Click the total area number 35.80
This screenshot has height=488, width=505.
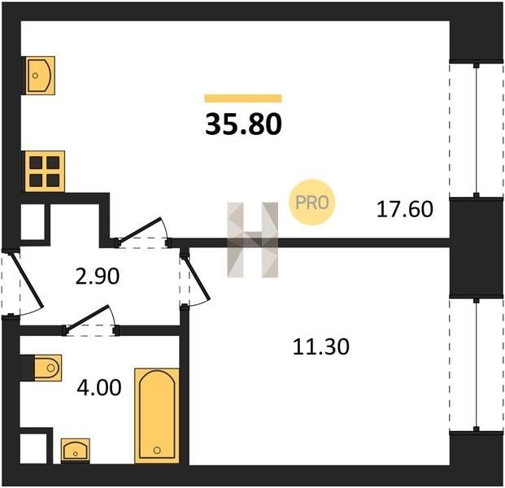tap(243, 124)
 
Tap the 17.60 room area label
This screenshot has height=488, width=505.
tap(405, 209)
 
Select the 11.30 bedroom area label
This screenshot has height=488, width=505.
tap(320, 347)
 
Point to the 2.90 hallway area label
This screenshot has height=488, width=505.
tap(98, 277)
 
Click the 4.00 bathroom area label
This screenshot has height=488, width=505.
tap(99, 387)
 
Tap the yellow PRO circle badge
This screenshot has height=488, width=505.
tap(311, 203)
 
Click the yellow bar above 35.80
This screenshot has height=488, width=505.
tap(243, 98)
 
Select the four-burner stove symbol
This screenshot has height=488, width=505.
tap(45, 172)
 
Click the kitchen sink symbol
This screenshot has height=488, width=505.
tap(40, 76)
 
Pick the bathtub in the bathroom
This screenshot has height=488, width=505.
tap(157, 416)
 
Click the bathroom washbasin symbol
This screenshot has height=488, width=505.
tap(76, 451)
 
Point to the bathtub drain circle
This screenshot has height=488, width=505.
tap(157, 450)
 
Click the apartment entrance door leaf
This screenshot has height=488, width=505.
tap(27, 280)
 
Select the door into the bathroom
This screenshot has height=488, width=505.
tap(87, 317)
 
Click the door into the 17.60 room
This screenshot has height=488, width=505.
tap(139, 230)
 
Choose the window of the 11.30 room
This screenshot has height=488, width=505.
tap(476, 364)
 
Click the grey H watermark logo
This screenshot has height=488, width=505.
tap(252, 240)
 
